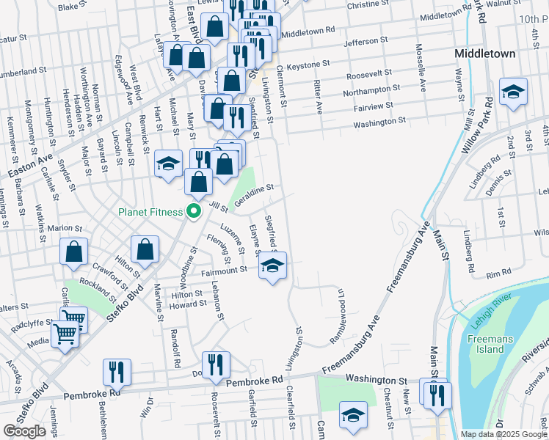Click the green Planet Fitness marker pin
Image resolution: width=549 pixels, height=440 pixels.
point(194,212)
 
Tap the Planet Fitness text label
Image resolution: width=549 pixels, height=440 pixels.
point(151,212)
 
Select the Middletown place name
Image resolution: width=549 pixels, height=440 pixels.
point(484,54)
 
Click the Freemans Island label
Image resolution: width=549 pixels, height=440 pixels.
point(486,344)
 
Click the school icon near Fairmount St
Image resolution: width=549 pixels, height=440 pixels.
point(272,267)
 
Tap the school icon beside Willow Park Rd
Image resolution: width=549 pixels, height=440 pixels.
point(513,92)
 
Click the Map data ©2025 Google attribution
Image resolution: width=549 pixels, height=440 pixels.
point(503,434)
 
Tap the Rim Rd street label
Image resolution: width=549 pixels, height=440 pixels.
point(498,273)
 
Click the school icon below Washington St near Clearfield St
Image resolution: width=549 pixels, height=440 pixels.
point(353,416)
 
